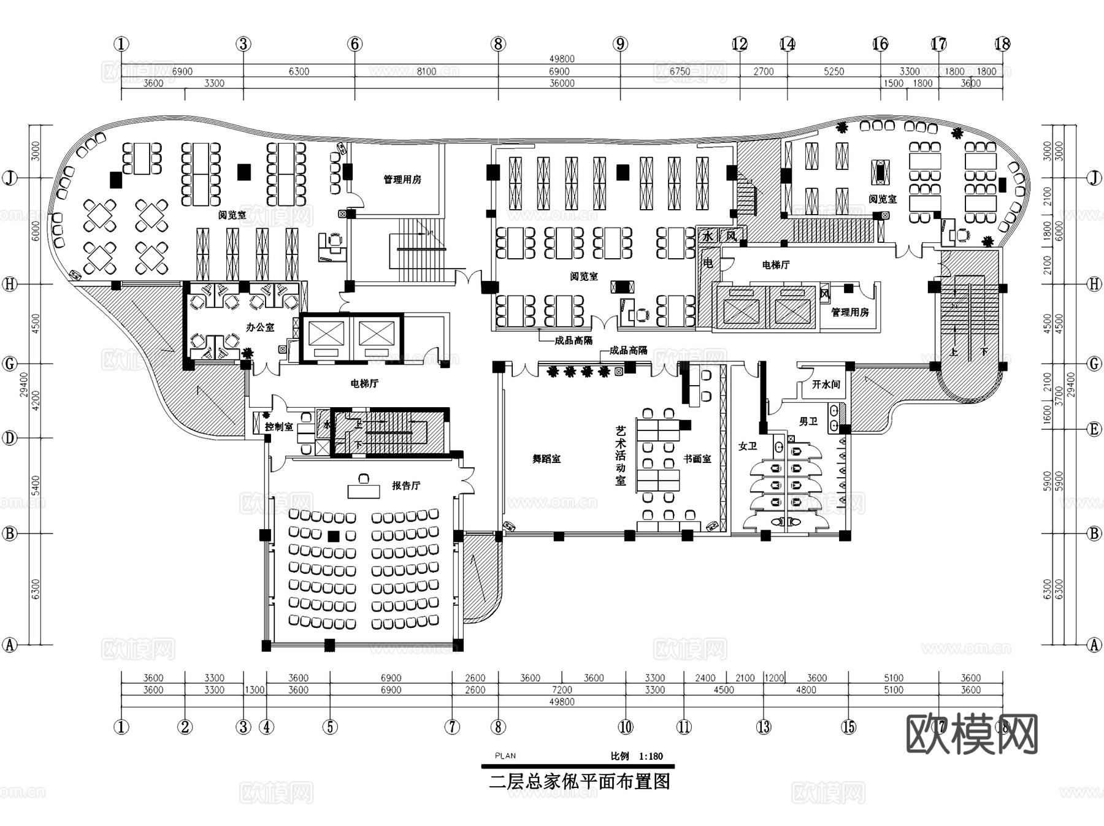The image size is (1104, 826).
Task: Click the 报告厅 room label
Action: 406,486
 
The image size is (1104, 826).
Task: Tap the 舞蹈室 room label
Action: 546,459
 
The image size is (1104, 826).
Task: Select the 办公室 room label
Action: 260,327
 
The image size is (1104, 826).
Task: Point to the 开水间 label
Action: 826,384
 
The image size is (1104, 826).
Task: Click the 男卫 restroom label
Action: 808,421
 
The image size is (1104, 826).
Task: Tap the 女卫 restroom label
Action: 748,446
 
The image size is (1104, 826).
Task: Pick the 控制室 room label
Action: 278,427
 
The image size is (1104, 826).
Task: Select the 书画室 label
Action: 697,459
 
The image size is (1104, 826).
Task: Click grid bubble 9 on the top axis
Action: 620,44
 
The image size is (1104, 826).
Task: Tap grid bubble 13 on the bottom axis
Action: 763,727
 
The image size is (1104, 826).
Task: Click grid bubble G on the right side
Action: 1094,364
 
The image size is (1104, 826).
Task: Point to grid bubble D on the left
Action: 9,438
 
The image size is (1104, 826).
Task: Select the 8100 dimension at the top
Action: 426,71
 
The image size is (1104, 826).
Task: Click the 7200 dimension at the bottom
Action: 562,690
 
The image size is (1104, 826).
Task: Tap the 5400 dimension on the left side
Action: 36,485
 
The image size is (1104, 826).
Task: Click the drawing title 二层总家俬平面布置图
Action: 579,782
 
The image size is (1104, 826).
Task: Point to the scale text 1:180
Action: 651,756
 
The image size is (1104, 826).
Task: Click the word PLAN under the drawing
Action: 505,756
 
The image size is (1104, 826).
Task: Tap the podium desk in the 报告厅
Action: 364,491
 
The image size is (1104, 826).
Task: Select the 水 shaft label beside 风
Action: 708,236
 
